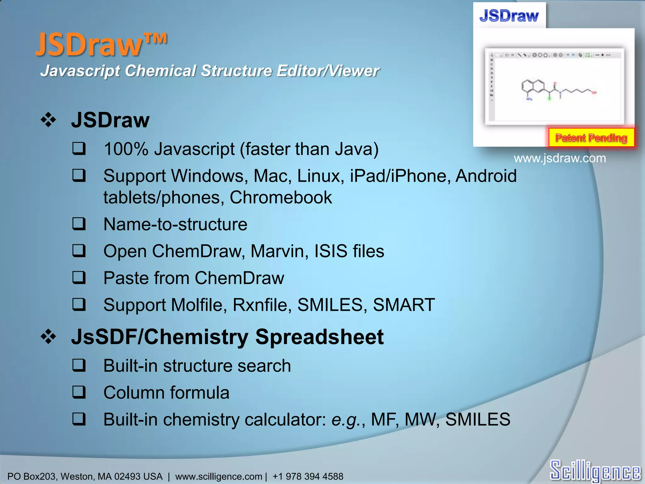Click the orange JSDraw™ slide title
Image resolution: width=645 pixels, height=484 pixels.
101,45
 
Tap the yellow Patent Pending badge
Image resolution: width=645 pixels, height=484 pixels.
591,138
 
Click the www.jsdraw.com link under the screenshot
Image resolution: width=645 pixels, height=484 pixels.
560,158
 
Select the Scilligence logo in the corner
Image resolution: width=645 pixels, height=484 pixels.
595,470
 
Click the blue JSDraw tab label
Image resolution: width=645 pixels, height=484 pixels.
509,16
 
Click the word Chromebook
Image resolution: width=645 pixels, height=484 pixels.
281,198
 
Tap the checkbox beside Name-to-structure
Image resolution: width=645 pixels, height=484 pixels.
79,224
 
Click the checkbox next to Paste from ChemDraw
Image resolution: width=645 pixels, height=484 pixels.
79,278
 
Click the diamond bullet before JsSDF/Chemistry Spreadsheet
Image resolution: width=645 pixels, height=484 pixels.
48,337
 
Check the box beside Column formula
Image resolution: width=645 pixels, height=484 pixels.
79,393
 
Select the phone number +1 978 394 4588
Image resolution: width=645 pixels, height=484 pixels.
308,476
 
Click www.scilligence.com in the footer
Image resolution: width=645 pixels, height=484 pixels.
219,476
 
